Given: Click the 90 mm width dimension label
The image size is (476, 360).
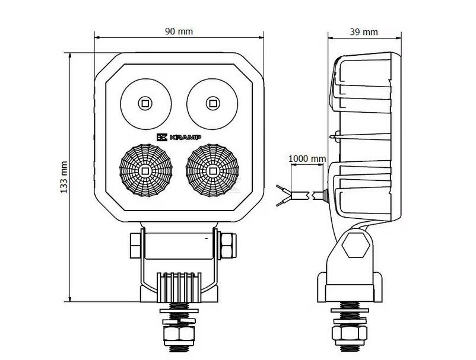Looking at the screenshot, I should coord(179,31).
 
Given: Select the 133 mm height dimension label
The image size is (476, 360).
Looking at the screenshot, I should coord(64,177).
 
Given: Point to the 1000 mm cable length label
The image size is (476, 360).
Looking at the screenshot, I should coord(307,159).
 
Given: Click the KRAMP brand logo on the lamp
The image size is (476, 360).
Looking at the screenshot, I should coord(179,137).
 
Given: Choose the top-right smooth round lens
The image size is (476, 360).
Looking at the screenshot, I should coord(211,103).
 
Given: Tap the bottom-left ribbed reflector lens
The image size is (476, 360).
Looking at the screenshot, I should coord(145,170).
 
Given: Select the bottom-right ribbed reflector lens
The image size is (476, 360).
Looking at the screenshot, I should coord(212,170).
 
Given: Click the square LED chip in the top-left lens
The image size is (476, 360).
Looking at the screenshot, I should coord(144,103).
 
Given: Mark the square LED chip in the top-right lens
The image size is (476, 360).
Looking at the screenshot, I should coord(211,103).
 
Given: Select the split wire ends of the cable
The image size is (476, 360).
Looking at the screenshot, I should coord(284,195).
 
